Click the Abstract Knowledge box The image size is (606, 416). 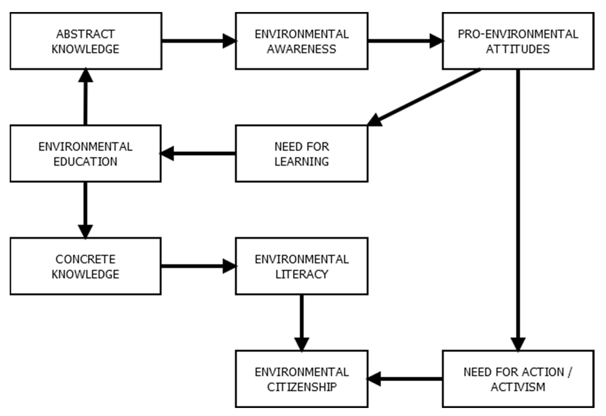point(86,41)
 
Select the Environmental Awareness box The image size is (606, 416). point(302,41)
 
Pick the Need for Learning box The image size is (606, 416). point(302,154)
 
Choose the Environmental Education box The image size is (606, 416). point(86,154)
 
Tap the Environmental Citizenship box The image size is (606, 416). point(302,379)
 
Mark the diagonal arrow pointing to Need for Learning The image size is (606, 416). point(425,96)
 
